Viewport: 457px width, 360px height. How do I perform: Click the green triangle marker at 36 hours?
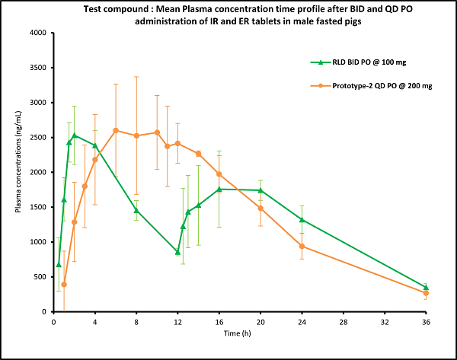click(x=426, y=287)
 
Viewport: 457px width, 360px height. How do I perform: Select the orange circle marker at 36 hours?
click(x=426, y=293)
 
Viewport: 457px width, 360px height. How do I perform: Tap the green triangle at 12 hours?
click(x=177, y=252)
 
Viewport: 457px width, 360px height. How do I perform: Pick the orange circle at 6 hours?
click(x=116, y=130)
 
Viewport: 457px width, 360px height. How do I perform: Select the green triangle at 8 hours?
click(x=136, y=210)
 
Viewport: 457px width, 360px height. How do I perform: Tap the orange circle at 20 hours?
click(x=260, y=208)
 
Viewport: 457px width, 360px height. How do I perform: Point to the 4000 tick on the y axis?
click(x=36, y=33)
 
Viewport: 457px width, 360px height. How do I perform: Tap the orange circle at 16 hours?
click(x=219, y=174)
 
